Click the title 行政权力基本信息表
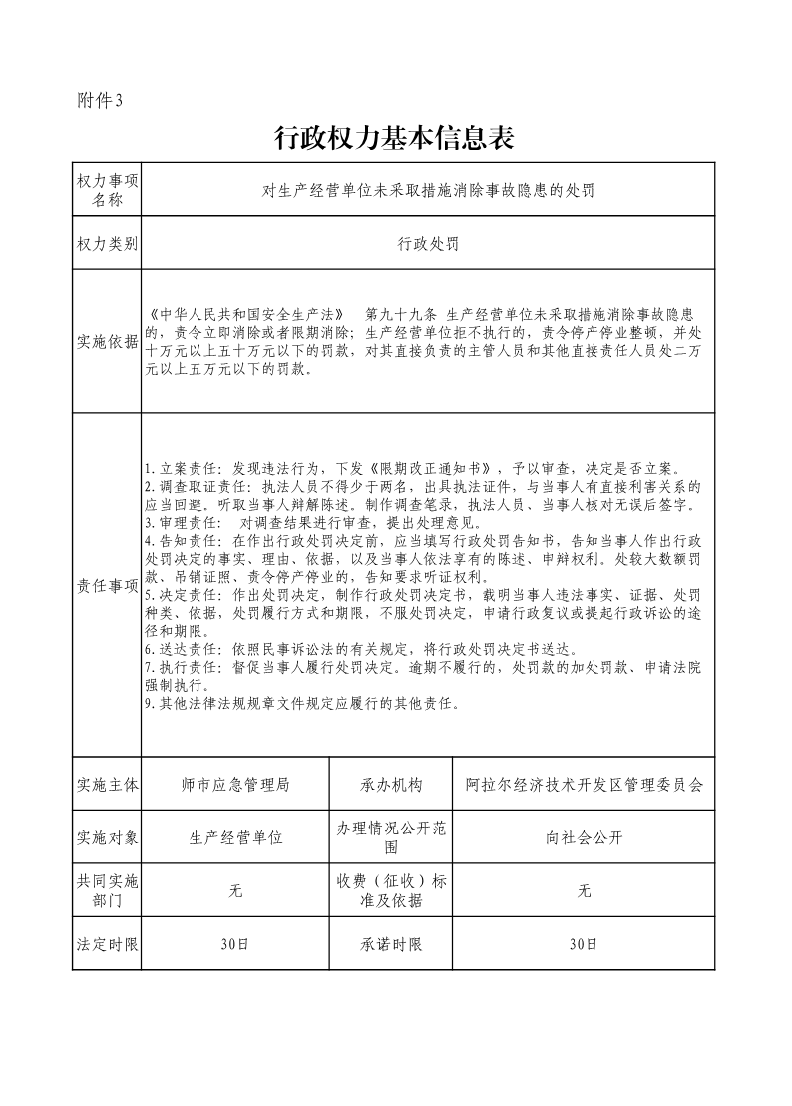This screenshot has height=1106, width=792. click(394, 137)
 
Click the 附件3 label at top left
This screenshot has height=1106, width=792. click(98, 100)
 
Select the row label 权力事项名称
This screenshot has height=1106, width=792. click(107, 189)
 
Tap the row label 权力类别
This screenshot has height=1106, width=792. click(107, 243)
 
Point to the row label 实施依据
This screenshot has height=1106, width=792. click(107, 342)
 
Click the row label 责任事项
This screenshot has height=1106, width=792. click(107, 586)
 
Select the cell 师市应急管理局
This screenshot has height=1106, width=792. click(235, 785)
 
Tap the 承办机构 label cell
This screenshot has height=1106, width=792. click(391, 785)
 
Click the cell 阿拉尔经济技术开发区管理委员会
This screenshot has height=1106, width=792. click(584, 785)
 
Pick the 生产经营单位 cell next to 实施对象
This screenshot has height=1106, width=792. click(235, 837)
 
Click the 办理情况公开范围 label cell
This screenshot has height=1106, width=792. click(391, 837)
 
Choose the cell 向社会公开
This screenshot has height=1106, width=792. click(584, 837)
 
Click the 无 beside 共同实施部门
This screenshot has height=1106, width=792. click(235, 890)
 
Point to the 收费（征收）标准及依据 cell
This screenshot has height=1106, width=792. click(391, 890)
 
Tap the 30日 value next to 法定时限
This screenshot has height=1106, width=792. click(235, 943)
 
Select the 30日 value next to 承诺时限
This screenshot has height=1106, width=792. click(584, 943)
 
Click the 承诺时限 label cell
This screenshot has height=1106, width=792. click(391, 943)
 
